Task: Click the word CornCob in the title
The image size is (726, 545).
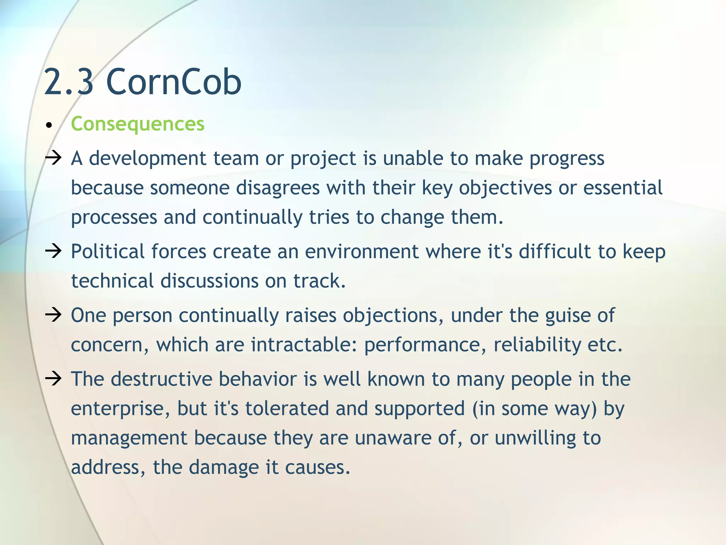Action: point(174,82)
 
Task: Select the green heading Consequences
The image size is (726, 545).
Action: point(138,124)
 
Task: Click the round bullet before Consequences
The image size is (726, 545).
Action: point(49,125)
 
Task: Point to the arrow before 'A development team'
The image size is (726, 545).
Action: point(54,158)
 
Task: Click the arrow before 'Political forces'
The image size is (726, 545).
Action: point(54,251)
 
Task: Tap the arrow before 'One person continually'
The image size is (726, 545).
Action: point(54,315)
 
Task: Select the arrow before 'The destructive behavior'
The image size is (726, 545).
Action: point(54,379)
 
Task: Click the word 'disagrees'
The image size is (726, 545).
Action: point(278,188)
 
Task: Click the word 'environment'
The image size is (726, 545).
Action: point(362,252)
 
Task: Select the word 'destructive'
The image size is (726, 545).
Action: point(161,379)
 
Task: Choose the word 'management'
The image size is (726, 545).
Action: point(129,438)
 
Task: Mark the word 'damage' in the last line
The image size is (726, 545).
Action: point(224,467)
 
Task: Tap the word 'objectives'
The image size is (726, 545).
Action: point(506,188)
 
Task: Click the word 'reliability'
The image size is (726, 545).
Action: point(537,345)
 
